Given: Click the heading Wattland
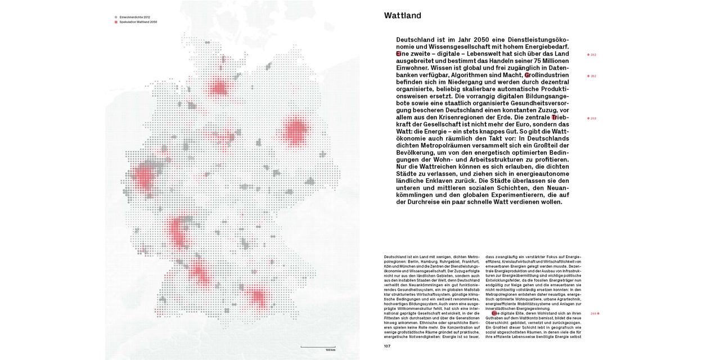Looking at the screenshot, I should [x=402, y=16].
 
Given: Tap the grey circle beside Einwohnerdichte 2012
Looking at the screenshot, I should [x=116, y=17].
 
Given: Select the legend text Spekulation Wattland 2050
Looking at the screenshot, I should [x=138, y=22].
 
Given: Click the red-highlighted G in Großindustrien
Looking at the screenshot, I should [x=528, y=75].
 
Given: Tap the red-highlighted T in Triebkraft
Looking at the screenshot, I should [x=554, y=117].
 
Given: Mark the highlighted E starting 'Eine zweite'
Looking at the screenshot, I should [x=399, y=53].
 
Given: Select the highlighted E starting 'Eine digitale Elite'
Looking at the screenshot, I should [x=494, y=313].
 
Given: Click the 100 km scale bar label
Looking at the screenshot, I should [x=330, y=350].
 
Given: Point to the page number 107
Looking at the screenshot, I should [x=388, y=346].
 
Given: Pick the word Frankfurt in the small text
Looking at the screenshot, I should [x=467, y=262].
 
